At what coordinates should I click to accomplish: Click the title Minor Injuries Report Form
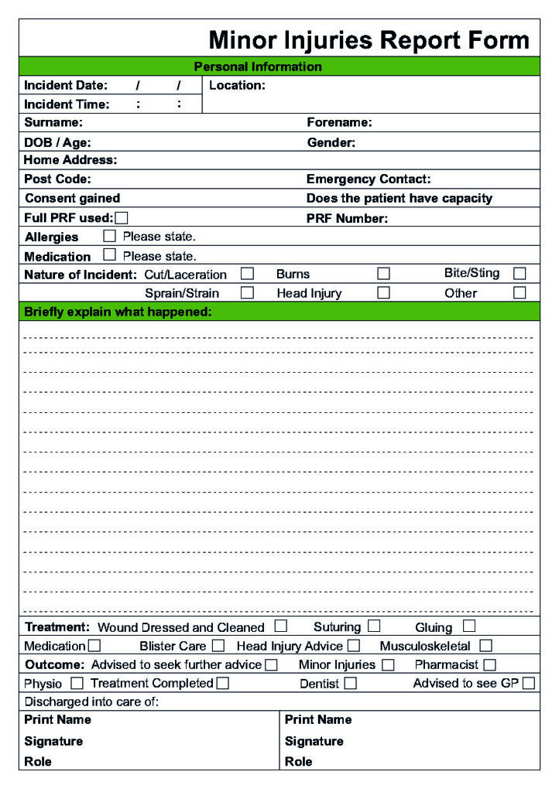coord(369,39)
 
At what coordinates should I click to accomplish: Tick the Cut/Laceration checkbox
coord(247,274)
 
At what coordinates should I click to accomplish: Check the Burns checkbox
coord(383,274)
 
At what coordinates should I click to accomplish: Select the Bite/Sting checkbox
coord(520,273)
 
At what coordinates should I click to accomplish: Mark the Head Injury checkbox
coord(383,293)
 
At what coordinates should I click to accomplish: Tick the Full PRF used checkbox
coord(122,218)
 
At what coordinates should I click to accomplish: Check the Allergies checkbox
coord(110,236)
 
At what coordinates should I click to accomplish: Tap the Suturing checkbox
coord(374,626)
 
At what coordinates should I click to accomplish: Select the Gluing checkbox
coord(469,626)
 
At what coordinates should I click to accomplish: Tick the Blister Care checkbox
coord(218,645)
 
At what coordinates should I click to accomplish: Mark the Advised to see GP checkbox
coord(528,683)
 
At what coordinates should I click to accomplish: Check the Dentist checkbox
coord(351,683)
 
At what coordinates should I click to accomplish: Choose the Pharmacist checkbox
coord(489,664)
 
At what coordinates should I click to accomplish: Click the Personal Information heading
coord(258,67)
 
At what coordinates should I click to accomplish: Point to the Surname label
coord(53,122)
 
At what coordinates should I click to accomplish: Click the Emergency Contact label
coord(369,179)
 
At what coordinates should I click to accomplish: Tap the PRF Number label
coord(348,219)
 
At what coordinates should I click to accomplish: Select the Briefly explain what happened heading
coord(118,312)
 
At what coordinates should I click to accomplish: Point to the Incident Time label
coord(67,104)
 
